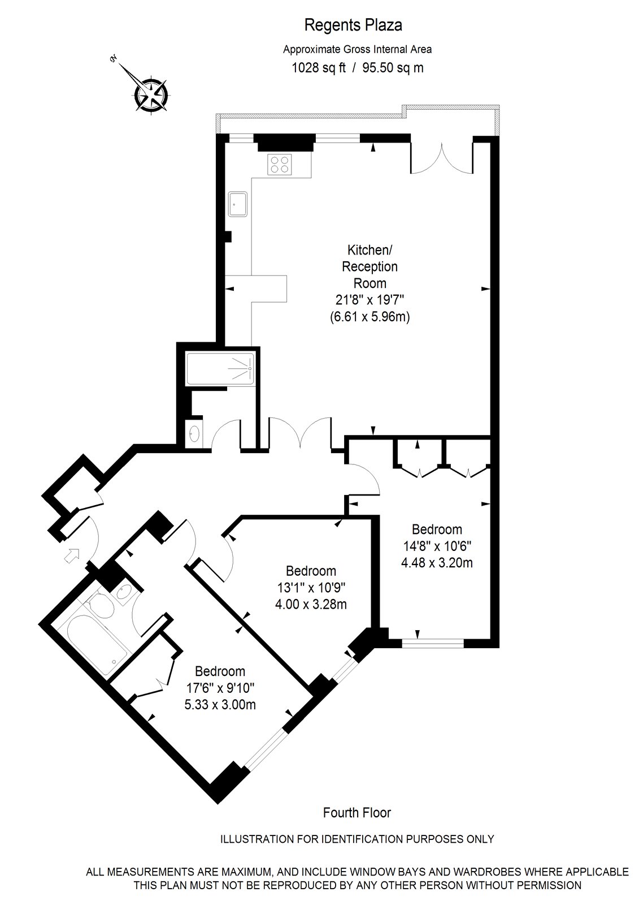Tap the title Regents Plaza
(x=353, y=25)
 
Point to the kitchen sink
(x=237, y=203)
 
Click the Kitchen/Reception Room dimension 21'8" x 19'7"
(x=370, y=300)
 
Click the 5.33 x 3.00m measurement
(x=220, y=705)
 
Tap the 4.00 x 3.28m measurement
(x=311, y=604)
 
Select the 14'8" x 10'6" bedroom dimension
(x=437, y=546)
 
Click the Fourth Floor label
(x=357, y=813)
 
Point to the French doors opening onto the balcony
(x=441, y=158)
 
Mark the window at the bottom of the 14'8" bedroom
(x=433, y=643)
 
